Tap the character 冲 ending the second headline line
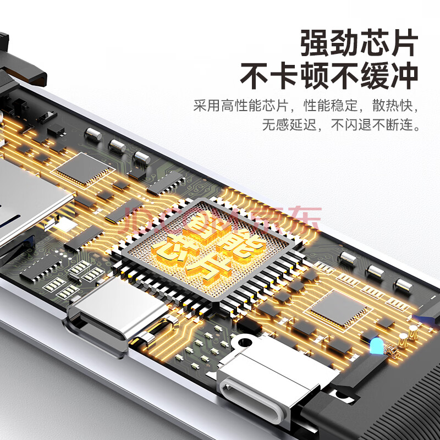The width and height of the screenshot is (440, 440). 404,76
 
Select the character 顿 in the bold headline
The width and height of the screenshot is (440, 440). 314,76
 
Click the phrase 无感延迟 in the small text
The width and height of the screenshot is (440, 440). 289,124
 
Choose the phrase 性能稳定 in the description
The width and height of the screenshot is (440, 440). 331,106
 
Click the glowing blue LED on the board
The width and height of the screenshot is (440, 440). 376,346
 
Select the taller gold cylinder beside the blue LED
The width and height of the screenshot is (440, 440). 413,332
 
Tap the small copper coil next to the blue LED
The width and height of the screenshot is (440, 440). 392,351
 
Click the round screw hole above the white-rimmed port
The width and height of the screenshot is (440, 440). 245,342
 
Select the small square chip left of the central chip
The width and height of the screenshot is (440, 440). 83,168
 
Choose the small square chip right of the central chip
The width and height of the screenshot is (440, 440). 338,308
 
